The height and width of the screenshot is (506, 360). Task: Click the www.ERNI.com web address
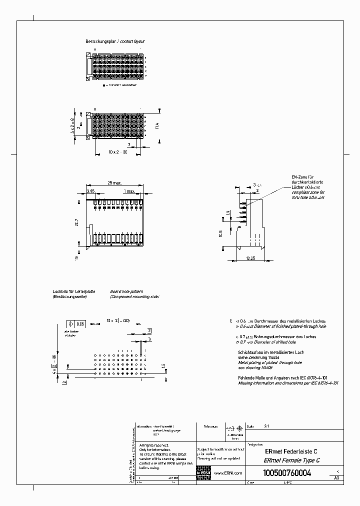[x=228, y=473]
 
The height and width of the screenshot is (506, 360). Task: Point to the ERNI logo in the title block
[x=203, y=473]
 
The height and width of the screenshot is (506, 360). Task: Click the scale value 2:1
[x=265, y=427]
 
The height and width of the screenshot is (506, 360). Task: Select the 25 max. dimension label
[x=115, y=183]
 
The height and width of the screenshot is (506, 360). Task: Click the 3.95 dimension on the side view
[x=90, y=191]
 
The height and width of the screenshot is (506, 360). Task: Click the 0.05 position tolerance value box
[x=80, y=323]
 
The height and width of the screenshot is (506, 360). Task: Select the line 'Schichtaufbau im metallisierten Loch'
[x=270, y=352]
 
